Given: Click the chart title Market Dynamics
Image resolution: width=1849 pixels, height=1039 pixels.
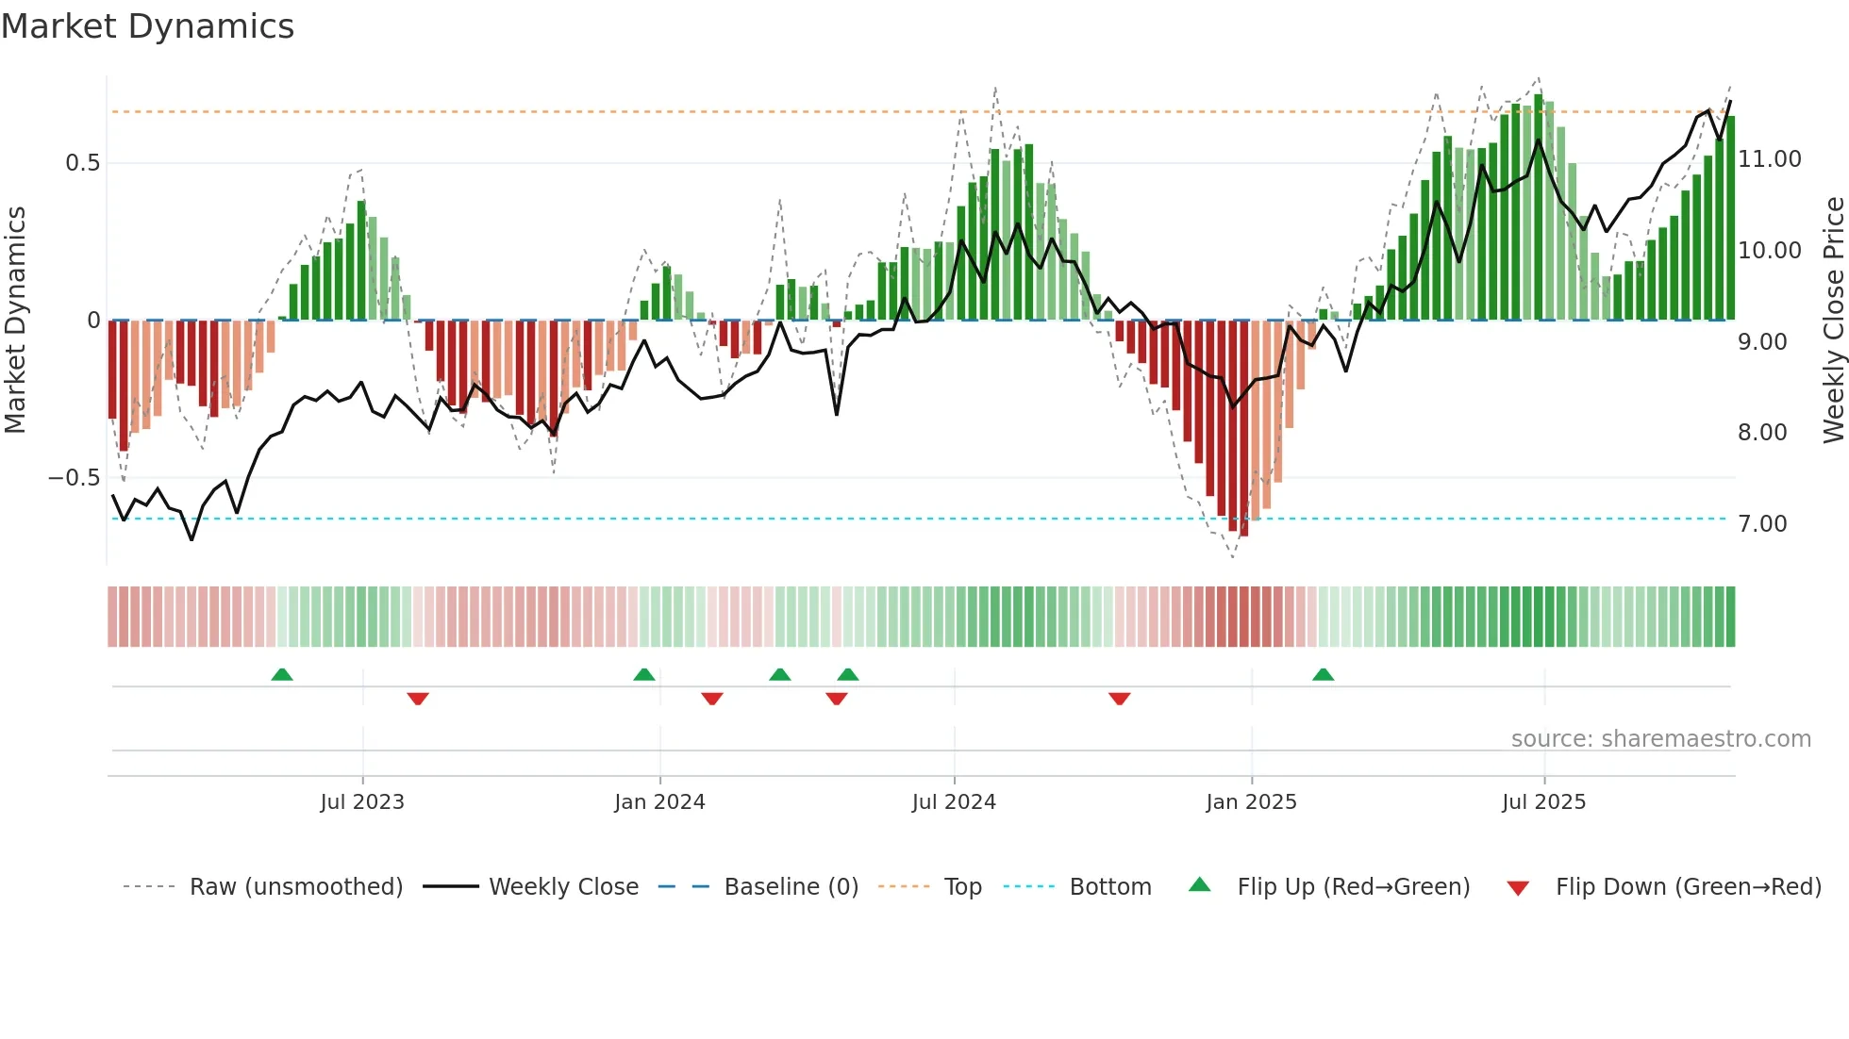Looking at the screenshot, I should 147,26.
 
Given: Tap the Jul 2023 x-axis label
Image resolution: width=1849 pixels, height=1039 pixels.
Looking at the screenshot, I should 362,802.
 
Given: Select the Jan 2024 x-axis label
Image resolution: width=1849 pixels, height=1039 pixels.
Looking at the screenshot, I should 659,802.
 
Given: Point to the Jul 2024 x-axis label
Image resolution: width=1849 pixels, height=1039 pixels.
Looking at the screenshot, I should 954,802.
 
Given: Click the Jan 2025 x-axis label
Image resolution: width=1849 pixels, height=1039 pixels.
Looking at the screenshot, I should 1251,802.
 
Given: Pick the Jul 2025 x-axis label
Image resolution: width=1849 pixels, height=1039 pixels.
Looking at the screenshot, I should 1543,802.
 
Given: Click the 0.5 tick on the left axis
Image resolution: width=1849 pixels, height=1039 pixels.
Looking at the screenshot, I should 82,163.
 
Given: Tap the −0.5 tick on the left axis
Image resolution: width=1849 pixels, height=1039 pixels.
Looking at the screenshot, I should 74,478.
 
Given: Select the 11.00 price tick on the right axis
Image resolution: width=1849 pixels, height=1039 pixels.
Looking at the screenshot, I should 1770,159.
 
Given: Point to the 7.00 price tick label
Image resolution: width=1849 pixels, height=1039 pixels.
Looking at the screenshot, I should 1762,524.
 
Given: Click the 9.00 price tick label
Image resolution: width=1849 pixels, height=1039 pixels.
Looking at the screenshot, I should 1762,342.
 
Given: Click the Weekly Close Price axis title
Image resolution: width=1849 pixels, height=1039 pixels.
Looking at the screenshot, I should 1833,320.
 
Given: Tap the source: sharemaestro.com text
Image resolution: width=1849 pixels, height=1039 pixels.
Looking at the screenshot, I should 1660,739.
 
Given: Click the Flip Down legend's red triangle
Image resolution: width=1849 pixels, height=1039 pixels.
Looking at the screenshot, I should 1518,888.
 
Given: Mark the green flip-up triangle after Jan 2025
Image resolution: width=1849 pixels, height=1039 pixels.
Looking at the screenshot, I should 1323,674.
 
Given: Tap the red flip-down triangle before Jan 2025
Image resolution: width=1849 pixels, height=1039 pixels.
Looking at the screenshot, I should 1119,699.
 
